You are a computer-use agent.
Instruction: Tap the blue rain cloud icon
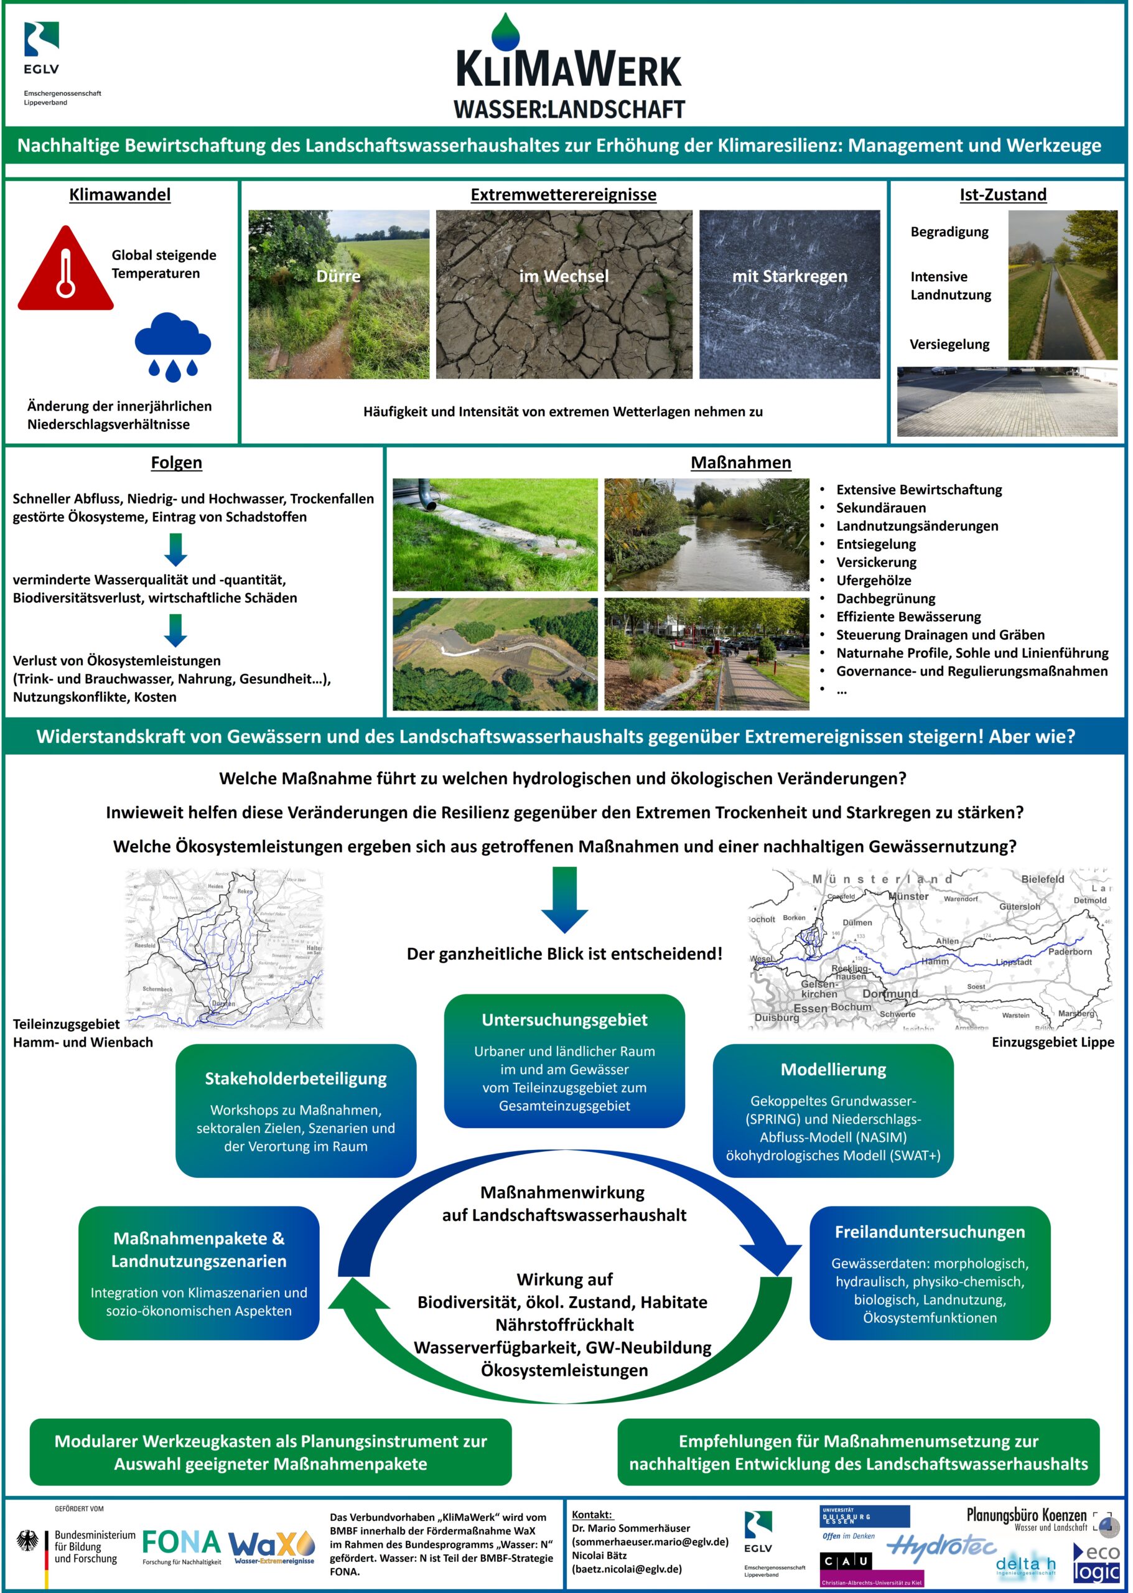[x=172, y=345]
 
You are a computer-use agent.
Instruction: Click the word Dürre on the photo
[x=338, y=276]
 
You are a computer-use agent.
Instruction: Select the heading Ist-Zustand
[x=1002, y=195]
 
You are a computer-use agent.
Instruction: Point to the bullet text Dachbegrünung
[x=885, y=599]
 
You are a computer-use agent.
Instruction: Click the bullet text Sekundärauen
[x=880, y=508]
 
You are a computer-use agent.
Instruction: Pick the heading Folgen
[x=177, y=462]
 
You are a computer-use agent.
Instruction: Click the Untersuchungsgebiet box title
[x=564, y=1020]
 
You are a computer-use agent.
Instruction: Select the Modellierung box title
[x=833, y=1070]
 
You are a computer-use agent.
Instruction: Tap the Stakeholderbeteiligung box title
[x=296, y=1079]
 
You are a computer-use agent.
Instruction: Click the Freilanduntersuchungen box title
[x=930, y=1232]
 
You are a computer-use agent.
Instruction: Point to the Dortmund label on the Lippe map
[x=890, y=994]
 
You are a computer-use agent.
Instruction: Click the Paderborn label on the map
[x=1070, y=951]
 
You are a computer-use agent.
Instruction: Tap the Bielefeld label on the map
[x=1042, y=879]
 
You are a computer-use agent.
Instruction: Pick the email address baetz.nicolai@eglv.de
[x=627, y=1569]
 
